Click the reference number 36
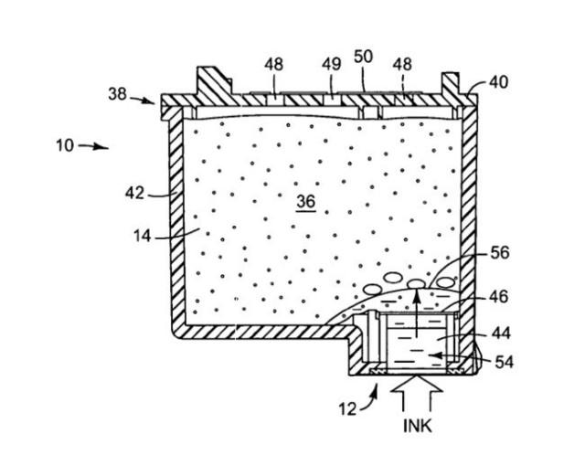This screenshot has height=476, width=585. click(306, 202)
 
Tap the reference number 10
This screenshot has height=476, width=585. click(65, 145)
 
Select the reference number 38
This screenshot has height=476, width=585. click(118, 94)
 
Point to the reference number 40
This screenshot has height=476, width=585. click(498, 82)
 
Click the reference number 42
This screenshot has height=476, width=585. click(134, 194)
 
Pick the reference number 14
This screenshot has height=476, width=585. click(143, 236)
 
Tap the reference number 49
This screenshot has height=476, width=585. click(331, 64)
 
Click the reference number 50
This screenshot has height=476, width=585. click(363, 57)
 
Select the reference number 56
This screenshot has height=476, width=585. click(500, 253)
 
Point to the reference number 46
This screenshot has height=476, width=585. click(499, 297)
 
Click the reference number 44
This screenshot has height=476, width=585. click(501, 333)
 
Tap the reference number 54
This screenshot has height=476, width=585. click(504, 362)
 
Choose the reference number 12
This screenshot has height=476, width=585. click(347, 409)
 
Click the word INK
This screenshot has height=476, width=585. click(418, 426)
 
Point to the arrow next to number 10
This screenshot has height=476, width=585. click(93, 146)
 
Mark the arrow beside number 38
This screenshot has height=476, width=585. click(143, 100)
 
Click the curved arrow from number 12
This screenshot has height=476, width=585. click(369, 399)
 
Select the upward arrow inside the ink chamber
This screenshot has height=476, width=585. click(417, 312)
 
